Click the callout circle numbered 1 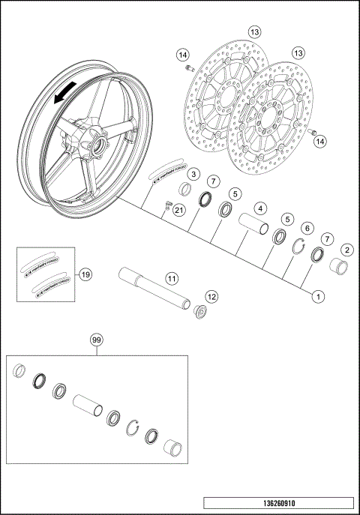pyautogui.click(x=319, y=297)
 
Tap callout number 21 pyautogui.click(x=178, y=211)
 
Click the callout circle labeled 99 pyautogui.click(x=96, y=340)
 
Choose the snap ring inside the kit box pyautogui.click(x=135, y=427)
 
